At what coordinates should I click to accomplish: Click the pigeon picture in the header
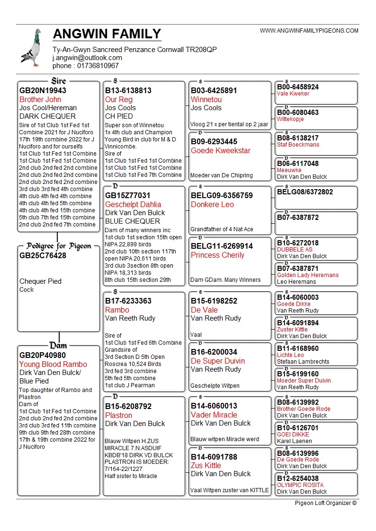point(31,47)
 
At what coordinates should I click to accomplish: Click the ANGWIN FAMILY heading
point(107,34)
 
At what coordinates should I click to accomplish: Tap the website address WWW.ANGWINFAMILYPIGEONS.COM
point(309,31)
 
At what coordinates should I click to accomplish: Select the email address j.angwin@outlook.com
point(87,58)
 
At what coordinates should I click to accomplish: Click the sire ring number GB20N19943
point(43,90)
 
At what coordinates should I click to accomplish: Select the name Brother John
point(40,99)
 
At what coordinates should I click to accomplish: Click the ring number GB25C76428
point(43,255)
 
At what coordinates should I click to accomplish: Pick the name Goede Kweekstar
point(221,150)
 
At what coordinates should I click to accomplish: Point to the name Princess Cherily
point(217,255)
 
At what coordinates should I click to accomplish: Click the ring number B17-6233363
point(128,301)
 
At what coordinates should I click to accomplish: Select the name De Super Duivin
point(218,361)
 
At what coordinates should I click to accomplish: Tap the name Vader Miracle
point(214,415)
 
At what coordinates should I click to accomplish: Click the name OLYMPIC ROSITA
point(300,485)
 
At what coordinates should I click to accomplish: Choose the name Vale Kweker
point(293,94)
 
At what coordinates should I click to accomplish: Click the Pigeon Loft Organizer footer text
point(325,503)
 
